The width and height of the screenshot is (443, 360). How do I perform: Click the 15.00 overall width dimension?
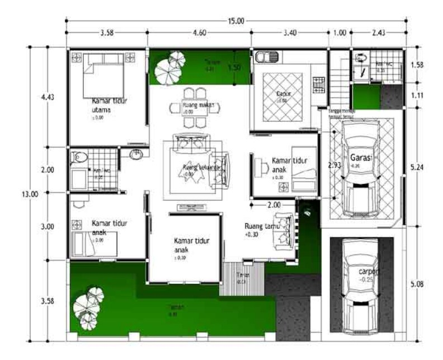click(235, 21)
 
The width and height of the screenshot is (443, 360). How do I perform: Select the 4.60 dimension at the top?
click(199, 33)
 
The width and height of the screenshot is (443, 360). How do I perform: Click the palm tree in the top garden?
click(170, 67)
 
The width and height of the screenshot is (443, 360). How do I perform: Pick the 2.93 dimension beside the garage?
click(334, 166)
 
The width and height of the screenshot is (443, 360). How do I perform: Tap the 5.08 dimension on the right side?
click(417, 285)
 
